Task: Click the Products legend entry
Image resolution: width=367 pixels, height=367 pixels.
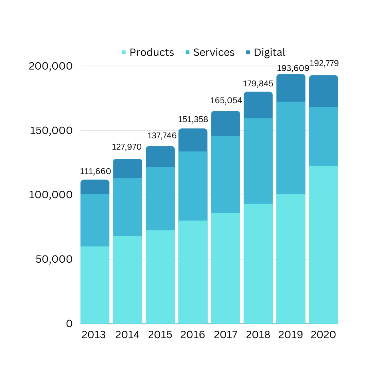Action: click(148, 52)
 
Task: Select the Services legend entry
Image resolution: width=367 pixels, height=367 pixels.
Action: click(210, 52)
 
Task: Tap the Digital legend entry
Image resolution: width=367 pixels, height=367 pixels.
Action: click(266, 52)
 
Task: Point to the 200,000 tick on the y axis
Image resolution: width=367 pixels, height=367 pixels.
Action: click(51, 66)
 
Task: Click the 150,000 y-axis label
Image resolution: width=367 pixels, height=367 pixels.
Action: click(51, 130)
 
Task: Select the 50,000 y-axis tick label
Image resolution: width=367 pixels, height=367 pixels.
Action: click(54, 259)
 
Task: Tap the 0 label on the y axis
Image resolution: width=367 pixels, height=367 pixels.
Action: click(69, 324)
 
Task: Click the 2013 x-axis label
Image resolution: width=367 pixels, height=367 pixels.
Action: click(94, 335)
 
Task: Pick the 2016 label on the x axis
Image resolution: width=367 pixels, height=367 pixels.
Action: click(193, 335)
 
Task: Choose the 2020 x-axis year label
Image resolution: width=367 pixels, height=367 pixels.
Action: click(324, 335)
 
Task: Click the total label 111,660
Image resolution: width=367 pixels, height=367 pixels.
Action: click(95, 172)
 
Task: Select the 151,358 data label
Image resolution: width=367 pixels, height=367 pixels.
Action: click(193, 120)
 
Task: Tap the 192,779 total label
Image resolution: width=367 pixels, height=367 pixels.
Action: click(324, 63)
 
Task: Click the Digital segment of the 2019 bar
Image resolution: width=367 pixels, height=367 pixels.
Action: click(291, 88)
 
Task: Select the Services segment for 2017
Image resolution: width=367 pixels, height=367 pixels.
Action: click(226, 174)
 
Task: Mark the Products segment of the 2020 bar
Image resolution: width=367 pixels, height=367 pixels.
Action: click(324, 245)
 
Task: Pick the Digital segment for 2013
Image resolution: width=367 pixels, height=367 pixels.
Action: click(95, 187)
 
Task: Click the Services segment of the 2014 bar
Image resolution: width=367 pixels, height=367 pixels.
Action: click(127, 207)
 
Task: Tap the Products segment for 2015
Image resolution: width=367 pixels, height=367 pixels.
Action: click(160, 277)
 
